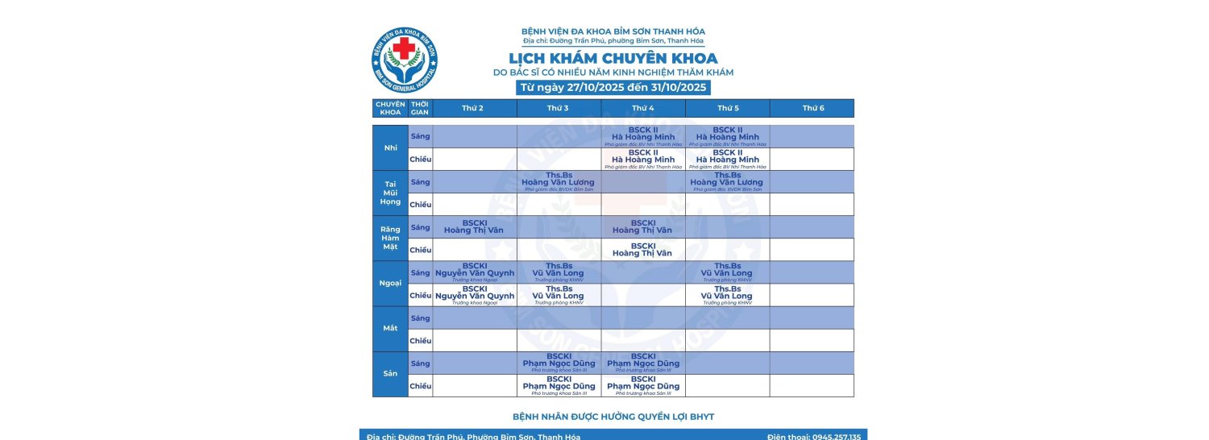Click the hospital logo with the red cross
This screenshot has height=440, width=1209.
405,60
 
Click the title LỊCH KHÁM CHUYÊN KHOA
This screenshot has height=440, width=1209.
613,59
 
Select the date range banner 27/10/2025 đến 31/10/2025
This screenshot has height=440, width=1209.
613,87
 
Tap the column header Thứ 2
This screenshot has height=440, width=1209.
473,108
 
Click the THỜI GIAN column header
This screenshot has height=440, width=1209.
420,108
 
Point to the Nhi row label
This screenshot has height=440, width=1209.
391,147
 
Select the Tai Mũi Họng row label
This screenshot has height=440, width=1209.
391,193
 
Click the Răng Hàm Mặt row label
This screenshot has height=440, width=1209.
391,238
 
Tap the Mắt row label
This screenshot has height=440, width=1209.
391,329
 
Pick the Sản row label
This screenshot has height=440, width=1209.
391,374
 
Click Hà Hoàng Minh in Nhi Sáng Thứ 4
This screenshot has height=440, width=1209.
643,137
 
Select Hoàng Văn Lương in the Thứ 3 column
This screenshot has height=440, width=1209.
558,182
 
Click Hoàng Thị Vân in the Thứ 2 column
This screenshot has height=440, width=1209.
473,230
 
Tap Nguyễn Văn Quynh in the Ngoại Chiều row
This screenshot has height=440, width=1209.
475,296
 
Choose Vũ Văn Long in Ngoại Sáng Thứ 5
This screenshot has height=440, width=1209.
727,273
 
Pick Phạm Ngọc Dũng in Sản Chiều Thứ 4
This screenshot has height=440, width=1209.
643,386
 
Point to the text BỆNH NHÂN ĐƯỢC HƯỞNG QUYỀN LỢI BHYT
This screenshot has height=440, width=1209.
613,417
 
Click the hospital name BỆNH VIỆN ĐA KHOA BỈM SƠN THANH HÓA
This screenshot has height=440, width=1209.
613,31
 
